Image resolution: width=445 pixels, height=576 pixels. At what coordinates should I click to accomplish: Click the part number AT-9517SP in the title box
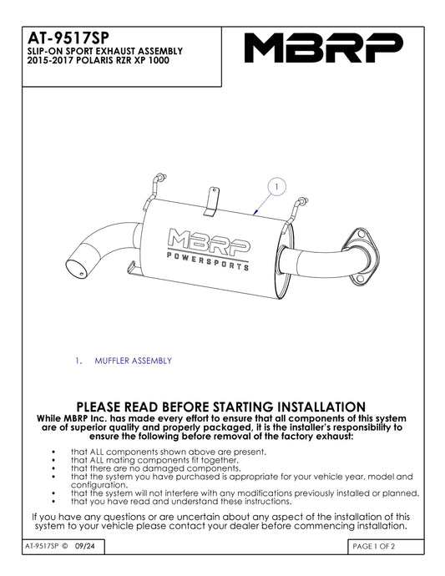point(68,38)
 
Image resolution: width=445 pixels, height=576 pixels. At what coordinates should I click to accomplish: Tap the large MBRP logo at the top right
point(324,48)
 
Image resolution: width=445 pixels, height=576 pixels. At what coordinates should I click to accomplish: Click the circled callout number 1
point(276,187)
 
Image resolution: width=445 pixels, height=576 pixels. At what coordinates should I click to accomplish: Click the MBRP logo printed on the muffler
point(209,242)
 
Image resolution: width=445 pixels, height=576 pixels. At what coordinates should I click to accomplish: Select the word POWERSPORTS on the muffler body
point(208,261)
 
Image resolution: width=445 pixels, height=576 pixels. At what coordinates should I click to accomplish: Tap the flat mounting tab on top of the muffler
point(212,201)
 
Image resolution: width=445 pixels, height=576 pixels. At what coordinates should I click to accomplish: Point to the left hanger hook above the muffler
point(155,187)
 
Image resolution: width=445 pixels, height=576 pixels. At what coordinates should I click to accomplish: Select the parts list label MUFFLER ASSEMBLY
point(133,361)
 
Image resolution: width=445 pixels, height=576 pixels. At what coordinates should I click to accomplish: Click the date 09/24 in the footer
point(85,546)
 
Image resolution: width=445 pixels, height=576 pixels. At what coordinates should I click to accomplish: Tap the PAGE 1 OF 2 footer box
point(386,547)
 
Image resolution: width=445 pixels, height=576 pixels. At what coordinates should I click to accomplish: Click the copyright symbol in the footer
point(65,546)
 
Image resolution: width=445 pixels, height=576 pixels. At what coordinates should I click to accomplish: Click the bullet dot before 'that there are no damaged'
point(53,469)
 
